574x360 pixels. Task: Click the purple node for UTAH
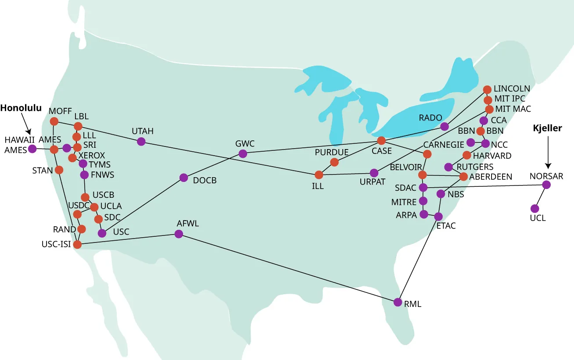(x=141, y=141)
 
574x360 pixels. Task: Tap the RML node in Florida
(x=398, y=302)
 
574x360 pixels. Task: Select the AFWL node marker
(x=179, y=234)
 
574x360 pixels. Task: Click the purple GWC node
(x=243, y=153)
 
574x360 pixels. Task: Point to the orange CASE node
(x=381, y=141)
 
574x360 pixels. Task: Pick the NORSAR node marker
(x=546, y=185)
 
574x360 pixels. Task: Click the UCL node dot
(x=535, y=208)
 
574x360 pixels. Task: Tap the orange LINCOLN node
(x=487, y=89)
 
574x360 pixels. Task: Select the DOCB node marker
(x=184, y=178)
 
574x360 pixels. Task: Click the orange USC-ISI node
(x=77, y=245)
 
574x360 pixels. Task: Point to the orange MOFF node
(x=54, y=121)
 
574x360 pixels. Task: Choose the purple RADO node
(x=445, y=127)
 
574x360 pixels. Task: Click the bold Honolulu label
(x=21, y=108)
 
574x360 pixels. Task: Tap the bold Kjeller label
(x=548, y=128)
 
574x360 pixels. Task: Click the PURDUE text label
(x=332, y=152)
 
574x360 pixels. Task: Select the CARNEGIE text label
(x=444, y=145)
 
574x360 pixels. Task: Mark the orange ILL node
(x=319, y=175)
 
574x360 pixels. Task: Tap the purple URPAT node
(x=374, y=173)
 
